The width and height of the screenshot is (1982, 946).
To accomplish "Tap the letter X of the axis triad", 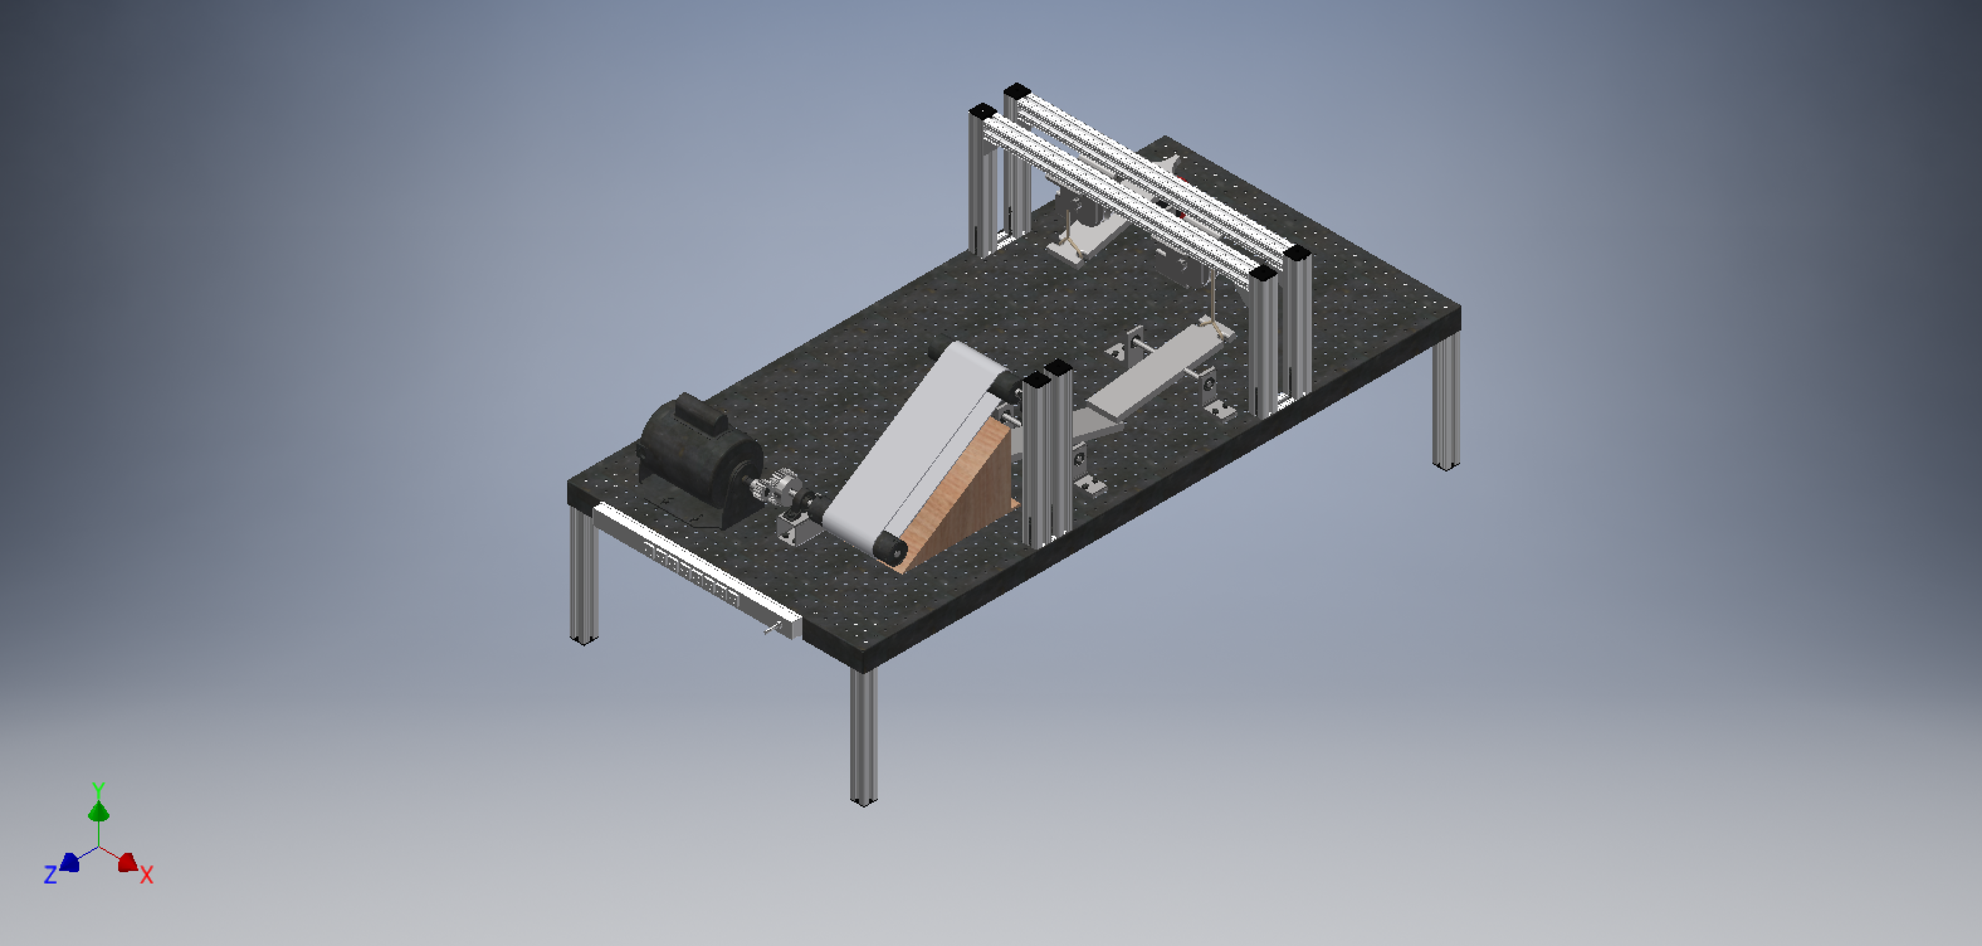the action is point(146,874).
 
